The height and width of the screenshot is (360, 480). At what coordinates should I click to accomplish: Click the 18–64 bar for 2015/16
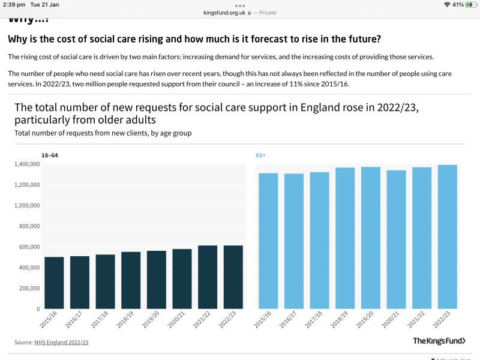click(54, 283)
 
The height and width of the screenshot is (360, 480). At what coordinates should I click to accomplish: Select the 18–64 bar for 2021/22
click(208, 277)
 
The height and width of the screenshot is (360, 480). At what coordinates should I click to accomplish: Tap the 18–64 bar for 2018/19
click(131, 280)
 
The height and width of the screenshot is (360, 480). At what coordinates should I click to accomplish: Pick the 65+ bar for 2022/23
click(448, 236)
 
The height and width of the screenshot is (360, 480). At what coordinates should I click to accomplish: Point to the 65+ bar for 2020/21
click(396, 239)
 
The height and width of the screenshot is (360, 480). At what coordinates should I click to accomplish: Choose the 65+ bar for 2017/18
click(319, 240)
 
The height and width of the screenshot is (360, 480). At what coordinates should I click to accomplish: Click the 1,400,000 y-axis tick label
click(26, 164)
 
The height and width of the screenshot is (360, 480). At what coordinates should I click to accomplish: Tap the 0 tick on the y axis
click(38, 308)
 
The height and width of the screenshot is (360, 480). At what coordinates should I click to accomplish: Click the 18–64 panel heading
click(50, 155)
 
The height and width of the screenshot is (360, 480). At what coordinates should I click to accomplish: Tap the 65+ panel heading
click(260, 155)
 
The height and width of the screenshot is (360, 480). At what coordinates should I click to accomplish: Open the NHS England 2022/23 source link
click(61, 342)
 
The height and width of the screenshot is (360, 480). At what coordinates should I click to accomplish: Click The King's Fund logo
click(439, 341)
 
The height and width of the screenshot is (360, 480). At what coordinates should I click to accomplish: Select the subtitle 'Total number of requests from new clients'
click(103, 133)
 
